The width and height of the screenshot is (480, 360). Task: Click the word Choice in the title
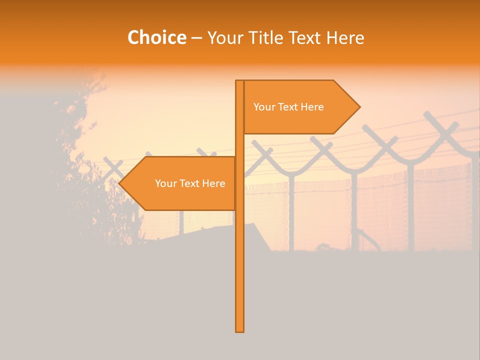coord(156,38)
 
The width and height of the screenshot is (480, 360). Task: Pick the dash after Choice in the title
coord(196,38)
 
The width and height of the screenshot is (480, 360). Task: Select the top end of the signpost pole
coord(239,81)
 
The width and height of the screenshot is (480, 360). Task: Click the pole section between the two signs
coord(239,145)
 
